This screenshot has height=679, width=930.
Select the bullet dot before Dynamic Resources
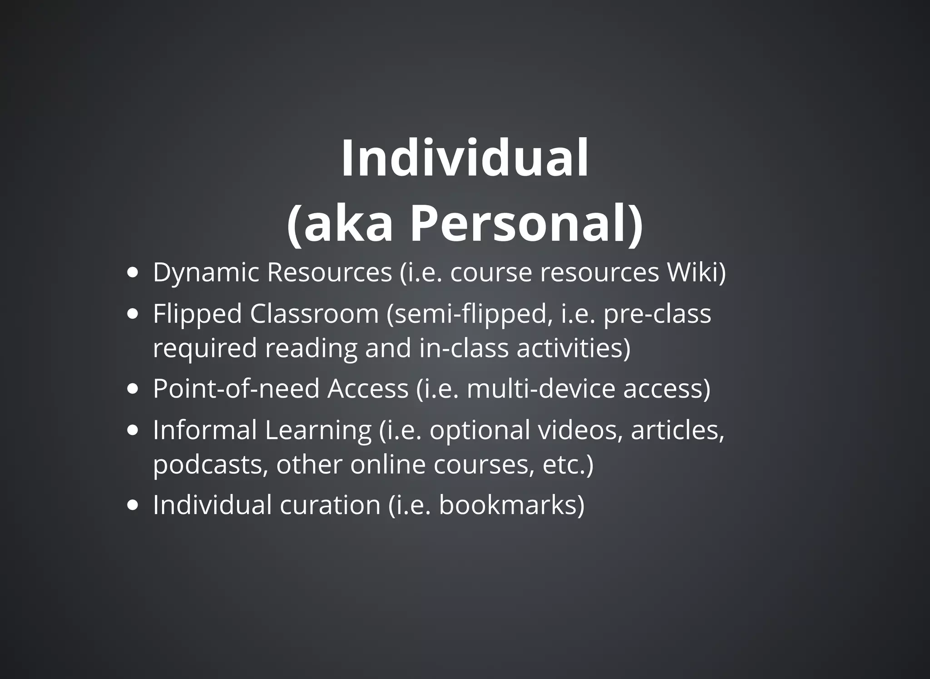tap(133, 273)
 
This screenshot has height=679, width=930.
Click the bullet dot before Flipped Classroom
tap(133, 314)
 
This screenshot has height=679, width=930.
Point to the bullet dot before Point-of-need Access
tap(133, 389)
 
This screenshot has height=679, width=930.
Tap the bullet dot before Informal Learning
tap(133, 430)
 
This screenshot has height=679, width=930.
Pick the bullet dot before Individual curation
tap(133, 505)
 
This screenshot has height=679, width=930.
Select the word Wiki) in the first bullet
tap(696, 273)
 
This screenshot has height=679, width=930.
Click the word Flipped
tap(197, 314)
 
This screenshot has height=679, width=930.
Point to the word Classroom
tap(314, 314)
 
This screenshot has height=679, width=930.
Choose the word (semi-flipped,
tap(470, 314)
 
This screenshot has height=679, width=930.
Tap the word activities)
tap(574, 348)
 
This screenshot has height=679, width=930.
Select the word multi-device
tap(540, 389)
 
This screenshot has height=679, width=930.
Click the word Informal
tap(205, 430)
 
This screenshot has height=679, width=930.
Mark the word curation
tap(330, 505)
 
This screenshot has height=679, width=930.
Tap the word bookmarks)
tap(512, 505)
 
